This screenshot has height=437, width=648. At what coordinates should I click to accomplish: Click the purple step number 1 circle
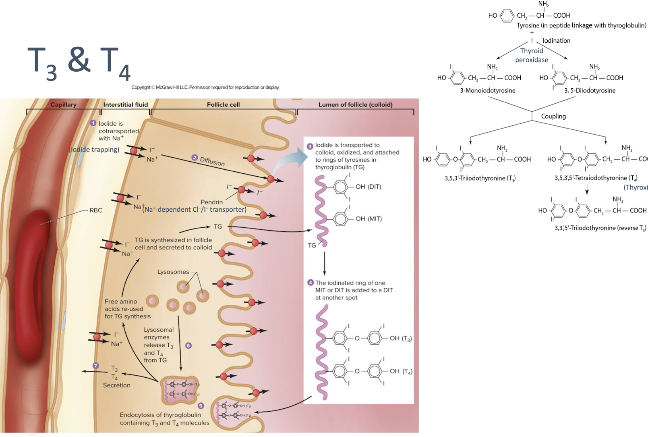click(93, 123)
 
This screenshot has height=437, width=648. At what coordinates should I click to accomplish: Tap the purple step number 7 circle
click(95, 366)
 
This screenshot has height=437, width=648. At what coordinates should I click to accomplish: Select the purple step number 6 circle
click(188, 345)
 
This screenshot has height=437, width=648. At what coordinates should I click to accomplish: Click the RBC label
click(96, 210)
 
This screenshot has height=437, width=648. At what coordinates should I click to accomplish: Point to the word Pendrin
click(211, 202)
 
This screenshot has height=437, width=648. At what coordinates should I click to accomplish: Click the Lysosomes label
click(173, 272)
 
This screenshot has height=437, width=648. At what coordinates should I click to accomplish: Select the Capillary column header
click(63, 105)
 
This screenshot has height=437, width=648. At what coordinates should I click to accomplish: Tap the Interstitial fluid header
click(126, 105)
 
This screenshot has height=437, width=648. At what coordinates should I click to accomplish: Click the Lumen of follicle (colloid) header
click(355, 105)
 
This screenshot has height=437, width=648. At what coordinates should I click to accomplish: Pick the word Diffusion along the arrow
click(212, 162)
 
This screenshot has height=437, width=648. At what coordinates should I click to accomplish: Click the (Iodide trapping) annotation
click(94, 150)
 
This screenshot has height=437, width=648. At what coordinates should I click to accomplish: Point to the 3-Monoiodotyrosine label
click(488, 91)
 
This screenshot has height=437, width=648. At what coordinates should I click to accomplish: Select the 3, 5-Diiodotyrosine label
click(590, 91)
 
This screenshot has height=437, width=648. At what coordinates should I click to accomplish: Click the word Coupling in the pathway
click(553, 117)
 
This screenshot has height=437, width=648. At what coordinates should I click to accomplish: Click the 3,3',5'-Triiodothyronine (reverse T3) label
click(600, 228)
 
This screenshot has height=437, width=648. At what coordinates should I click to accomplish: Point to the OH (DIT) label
click(368, 187)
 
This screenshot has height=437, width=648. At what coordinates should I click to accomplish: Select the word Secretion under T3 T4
click(117, 385)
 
